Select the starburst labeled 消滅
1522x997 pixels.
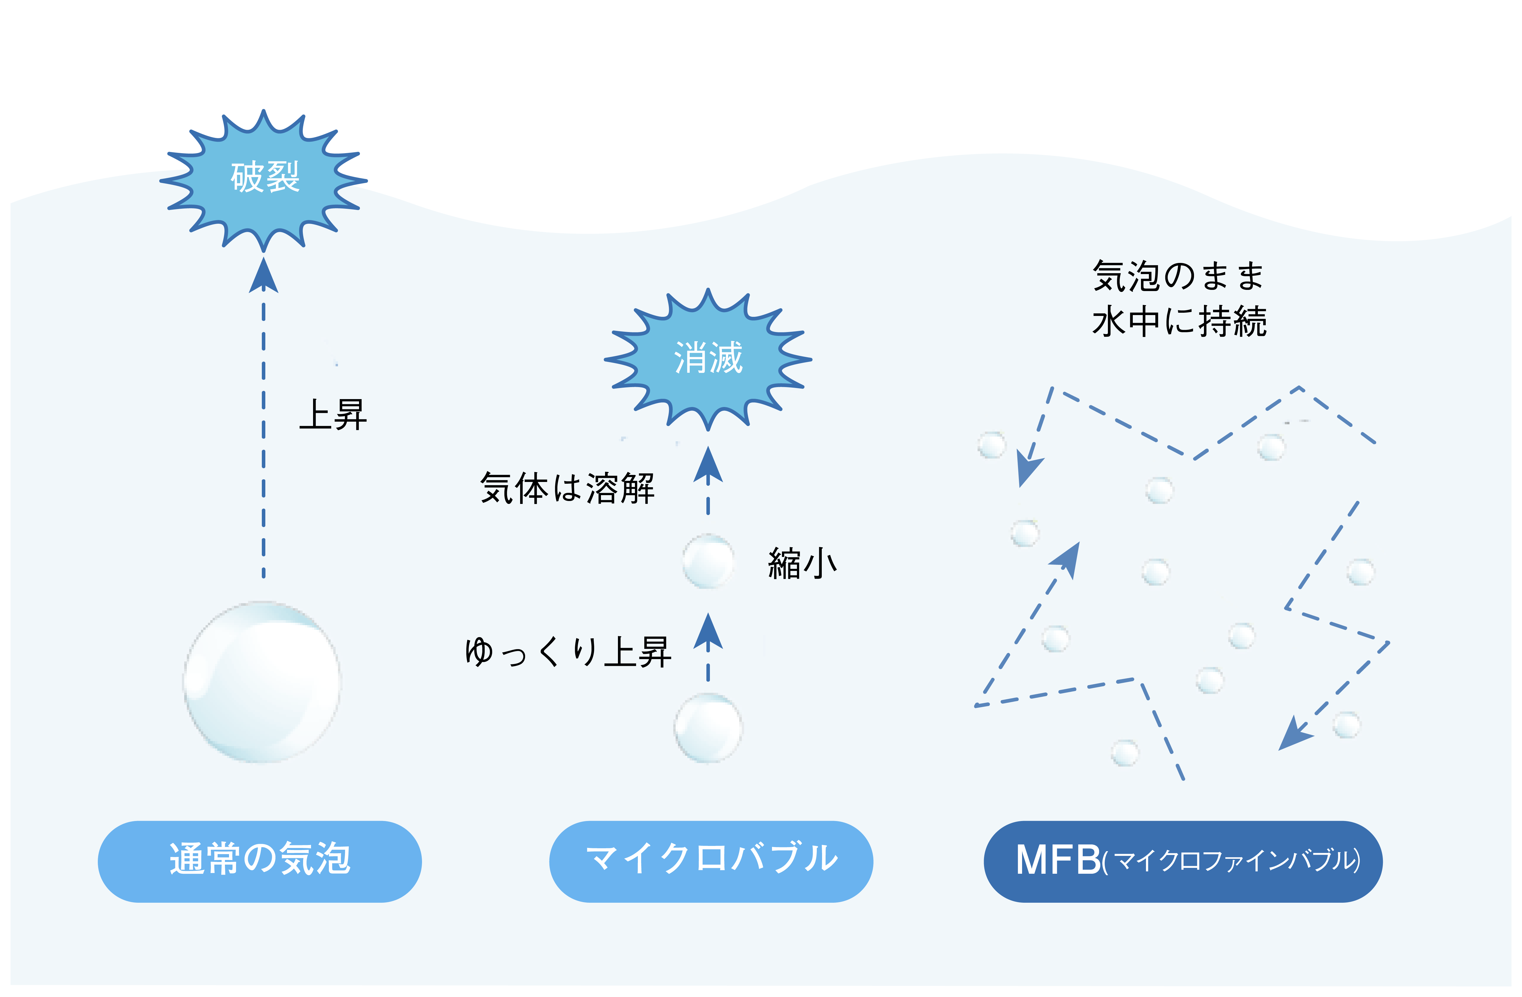tap(708, 358)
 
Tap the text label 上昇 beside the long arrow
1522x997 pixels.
tap(333, 414)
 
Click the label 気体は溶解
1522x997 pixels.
tap(567, 489)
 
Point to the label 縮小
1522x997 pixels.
tap(802, 563)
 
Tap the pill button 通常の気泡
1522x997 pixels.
tap(260, 861)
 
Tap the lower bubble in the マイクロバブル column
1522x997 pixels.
tap(708, 728)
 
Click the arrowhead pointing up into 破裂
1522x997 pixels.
tap(264, 275)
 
